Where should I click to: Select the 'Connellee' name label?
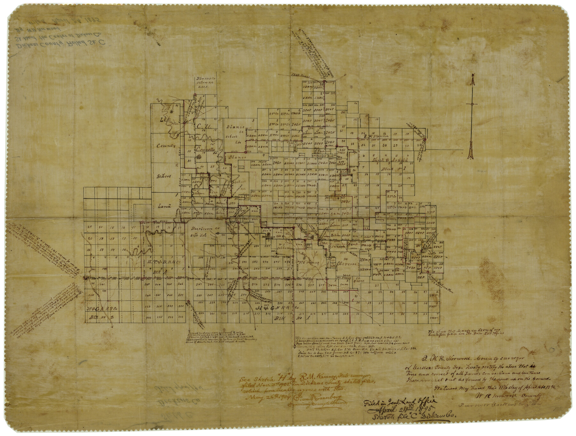(207, 149)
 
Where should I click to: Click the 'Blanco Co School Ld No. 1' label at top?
(205, 82)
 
